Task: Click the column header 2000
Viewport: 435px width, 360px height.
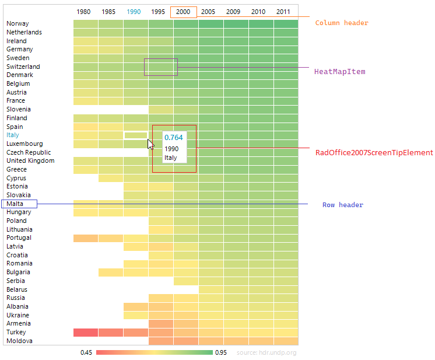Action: click(x=183, y=12)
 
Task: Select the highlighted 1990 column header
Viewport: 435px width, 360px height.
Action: click(x=134, y=12)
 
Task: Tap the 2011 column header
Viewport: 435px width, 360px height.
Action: click(x=283, y=12)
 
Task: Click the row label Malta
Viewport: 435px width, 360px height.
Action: click(x=16, y=204)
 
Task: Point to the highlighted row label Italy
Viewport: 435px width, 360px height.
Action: click(x=13, y=135)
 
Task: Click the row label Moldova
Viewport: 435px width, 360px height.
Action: click(x=19, y=341)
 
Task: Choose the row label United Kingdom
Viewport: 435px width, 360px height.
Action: click(x=30, y=161)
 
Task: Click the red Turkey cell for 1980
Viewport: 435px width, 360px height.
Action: click(x=85, y=333)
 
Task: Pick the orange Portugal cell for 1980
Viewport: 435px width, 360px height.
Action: click(x=85, y=238)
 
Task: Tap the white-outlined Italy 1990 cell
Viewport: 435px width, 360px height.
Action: click(x=135, y=135)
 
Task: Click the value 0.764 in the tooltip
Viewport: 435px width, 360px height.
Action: click(x=174, y=138)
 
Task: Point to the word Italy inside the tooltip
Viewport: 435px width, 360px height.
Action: click(x=170, y=158)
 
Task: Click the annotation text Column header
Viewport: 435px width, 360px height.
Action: click(x=342, y=23)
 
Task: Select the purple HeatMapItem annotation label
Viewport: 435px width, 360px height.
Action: click(x=339, y=72)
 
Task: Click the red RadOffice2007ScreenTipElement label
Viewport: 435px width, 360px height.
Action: click(x=374, y=153)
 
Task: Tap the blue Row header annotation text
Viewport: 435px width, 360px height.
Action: click(x=343, y=205)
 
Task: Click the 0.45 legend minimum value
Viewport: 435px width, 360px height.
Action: click(x=86, y=352)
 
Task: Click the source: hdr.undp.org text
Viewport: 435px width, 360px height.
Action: click(x=266, y=352)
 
